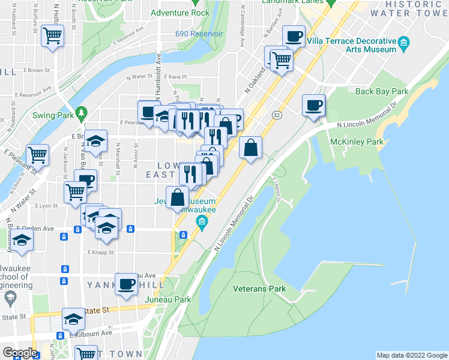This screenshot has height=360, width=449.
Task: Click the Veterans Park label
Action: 259,289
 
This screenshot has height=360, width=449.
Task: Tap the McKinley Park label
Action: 357,142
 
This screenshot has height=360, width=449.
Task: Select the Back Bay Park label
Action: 381,92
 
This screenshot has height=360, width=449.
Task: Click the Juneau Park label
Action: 174,299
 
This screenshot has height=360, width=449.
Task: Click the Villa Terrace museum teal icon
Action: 403,41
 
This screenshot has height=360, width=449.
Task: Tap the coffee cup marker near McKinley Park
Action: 313,106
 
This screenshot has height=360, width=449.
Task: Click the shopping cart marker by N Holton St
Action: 52,36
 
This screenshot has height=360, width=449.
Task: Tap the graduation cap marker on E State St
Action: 73,319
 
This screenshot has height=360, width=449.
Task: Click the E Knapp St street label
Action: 100,253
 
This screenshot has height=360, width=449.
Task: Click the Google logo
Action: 20,353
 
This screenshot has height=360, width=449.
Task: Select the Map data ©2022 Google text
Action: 411,355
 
